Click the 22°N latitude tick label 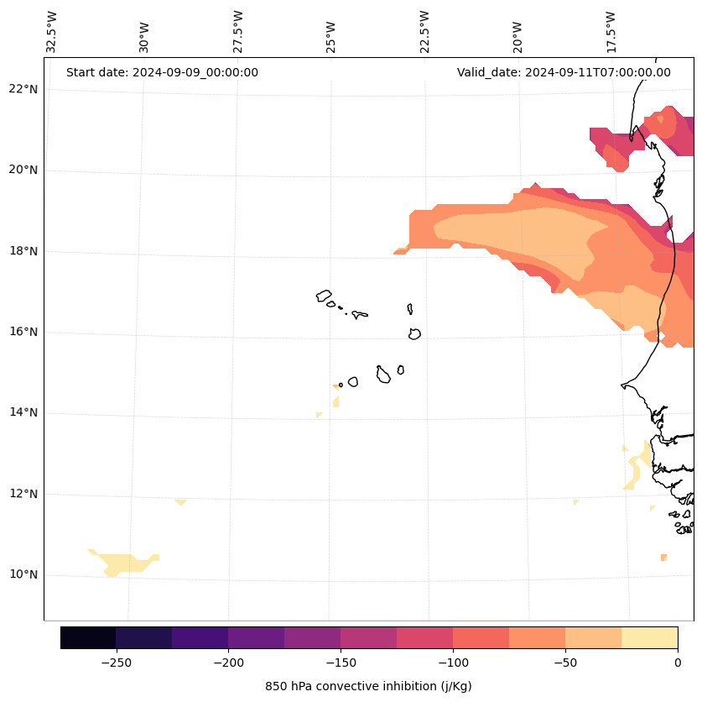tap(23, 89)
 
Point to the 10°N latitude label tap(23, 575)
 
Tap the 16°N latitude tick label tap(23, 333)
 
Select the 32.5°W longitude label tap(52, 32)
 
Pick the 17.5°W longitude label tap(611, 32)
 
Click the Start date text tap(162, 72)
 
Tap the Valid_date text tap(564, 72)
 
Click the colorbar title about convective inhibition tap(368, 686)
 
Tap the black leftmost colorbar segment tap(88, 638)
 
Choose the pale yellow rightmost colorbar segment tap(649, 638)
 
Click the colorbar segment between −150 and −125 tap(368, 638)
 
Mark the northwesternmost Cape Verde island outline tap(324, 296)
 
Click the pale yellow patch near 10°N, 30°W tap(124, 563)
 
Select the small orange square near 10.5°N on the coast tap(663, 558)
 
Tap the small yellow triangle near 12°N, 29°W tap(180, 501)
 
